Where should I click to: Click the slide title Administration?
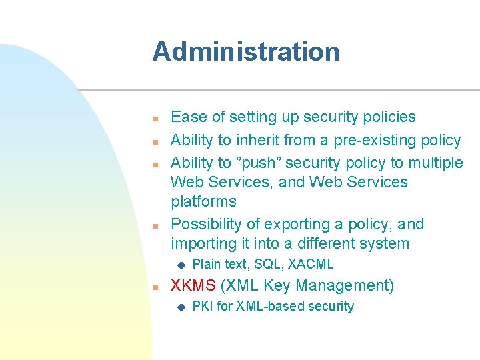(245, 52)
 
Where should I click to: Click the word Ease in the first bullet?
(189, 117)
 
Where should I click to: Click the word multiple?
(436, 163)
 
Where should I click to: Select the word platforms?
(203, 201)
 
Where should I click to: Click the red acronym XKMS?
(193, 286)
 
